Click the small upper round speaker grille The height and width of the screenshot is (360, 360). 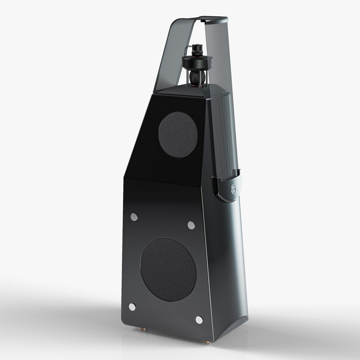pyautogui.click(x=178, y=134)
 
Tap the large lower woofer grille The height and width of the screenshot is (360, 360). pyautogui.click(x=168, y=269)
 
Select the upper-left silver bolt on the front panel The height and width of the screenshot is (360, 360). pyautogui.click(x=134, y=217)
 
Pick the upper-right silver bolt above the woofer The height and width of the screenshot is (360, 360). pyautogui.click(x=191, y=225)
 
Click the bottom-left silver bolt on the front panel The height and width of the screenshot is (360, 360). pyautogui.click(x=132, y=307)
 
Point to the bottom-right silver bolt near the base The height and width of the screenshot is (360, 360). pyautogui.click(x=199, y=320)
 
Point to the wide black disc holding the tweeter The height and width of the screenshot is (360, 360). pyautogui.click(x=197, y=62)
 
